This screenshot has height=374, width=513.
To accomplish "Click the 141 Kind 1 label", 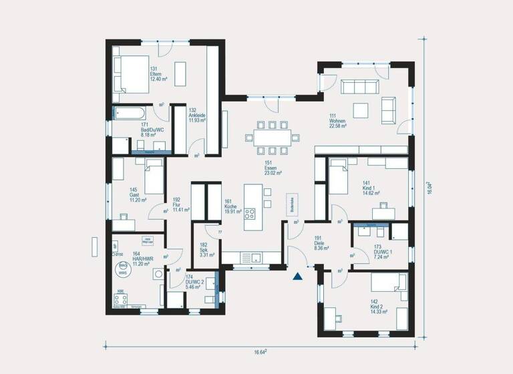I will click(371, 188).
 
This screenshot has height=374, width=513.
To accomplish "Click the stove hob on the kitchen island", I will click(250, 214).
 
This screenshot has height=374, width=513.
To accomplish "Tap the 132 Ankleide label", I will click(197, 115).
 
